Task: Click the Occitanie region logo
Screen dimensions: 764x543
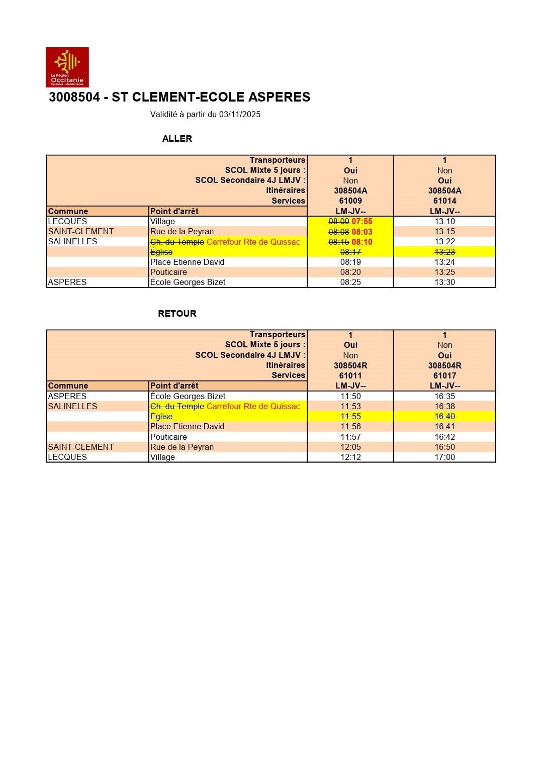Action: point(67,67)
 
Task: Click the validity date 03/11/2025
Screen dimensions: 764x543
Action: point(239,115)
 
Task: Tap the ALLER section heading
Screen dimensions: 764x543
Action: point(177,139)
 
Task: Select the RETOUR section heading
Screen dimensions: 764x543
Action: point(177,314)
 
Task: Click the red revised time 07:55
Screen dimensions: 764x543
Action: point(362,222)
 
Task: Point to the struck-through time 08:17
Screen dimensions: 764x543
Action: point(350,252)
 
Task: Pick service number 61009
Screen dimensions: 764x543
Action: point(350,201)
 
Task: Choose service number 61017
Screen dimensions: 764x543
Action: point(444,375)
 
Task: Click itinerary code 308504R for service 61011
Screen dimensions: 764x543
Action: point(350,365)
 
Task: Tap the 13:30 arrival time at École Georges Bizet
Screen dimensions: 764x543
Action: point(444,282)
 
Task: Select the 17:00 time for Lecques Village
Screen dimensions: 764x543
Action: point(444,457)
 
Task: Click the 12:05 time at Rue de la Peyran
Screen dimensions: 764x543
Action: point(350,447)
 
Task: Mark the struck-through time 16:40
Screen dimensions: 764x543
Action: point(444,417)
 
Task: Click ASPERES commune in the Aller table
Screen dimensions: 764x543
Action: point(67,282)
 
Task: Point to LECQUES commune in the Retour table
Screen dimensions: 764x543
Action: point(67,457)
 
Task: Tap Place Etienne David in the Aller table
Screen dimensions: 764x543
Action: point(187,262)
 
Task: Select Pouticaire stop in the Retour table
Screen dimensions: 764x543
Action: point(168,437)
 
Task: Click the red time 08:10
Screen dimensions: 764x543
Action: point(362,242)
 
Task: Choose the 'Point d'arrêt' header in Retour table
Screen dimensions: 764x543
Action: point(174,386)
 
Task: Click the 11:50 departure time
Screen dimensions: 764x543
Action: point(350,397)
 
